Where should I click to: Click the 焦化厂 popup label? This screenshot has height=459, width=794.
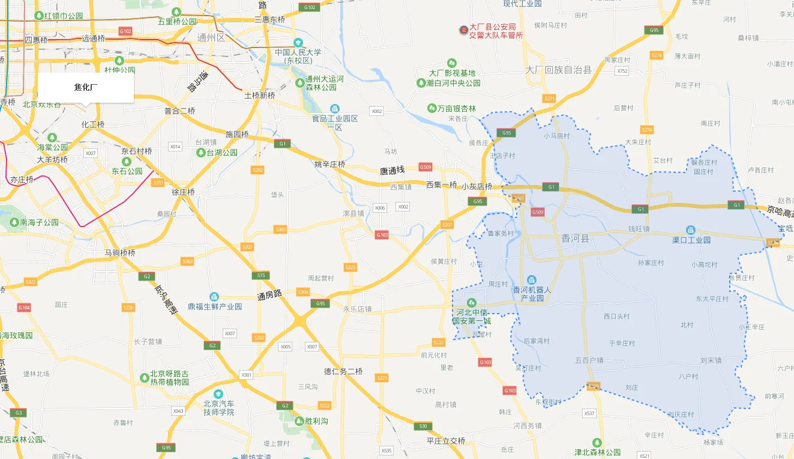[86, 88]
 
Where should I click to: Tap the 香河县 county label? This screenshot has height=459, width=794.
[576, 239]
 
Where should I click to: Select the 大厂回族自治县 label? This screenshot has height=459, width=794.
[558, 70]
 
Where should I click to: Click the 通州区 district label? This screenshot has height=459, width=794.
[211, 37]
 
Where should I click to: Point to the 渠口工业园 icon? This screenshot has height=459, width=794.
[691, 230]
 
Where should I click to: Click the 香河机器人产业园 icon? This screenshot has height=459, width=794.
[531, 280]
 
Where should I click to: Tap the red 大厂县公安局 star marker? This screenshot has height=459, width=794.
[463, 30]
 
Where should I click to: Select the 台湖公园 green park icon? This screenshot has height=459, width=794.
[200, 153]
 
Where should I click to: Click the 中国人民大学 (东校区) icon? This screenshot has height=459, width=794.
[298, 43]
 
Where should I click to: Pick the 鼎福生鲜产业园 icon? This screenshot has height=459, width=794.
[214, 297]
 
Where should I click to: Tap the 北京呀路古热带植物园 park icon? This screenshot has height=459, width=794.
[144, 377]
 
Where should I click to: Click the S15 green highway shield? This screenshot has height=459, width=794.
[260, 275]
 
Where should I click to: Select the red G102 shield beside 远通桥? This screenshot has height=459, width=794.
[125, 31]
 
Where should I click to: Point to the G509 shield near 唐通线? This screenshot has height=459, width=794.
[426, 166]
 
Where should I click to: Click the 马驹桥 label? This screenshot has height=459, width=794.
[120, 253]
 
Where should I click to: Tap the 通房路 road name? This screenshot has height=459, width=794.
[269, 296]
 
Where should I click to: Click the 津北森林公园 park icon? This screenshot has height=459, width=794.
[597, 442]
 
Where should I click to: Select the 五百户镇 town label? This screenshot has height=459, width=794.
[589, 360]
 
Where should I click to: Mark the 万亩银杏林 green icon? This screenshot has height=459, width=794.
[432, 108]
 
